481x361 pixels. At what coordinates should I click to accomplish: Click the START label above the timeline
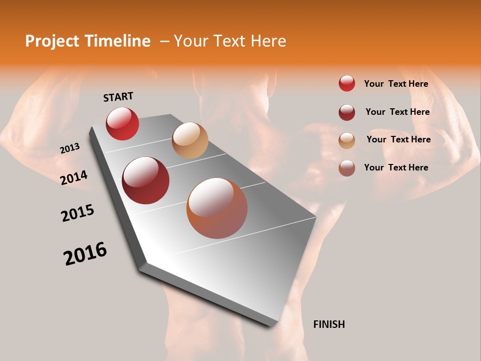coord(118,97)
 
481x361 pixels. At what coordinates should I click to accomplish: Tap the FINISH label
coord(329,324)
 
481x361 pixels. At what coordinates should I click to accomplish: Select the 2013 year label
coord(70,148)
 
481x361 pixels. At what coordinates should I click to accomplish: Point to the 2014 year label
coord(74,177)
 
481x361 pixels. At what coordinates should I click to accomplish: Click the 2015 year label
coord(78,213)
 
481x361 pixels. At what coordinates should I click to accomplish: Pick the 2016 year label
coord(85,254)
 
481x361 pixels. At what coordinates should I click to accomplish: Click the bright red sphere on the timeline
coord(122,123)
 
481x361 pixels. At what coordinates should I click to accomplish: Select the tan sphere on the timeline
coord(190,140)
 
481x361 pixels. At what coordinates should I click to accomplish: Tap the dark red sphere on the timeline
coord(146,180)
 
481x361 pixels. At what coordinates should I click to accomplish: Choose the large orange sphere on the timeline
coord(217,208)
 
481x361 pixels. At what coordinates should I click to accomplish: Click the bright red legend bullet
coord(347,83)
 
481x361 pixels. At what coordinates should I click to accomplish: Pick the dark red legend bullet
coord(347,112)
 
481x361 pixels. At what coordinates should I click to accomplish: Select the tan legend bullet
coord(347,140)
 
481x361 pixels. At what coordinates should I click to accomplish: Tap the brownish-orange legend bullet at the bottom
coord(347,168)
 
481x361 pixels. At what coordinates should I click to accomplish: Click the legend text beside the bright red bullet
coord(396,84)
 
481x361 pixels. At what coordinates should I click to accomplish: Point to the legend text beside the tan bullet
coord(398,139)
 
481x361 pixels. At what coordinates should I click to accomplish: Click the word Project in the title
coord(52,41)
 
